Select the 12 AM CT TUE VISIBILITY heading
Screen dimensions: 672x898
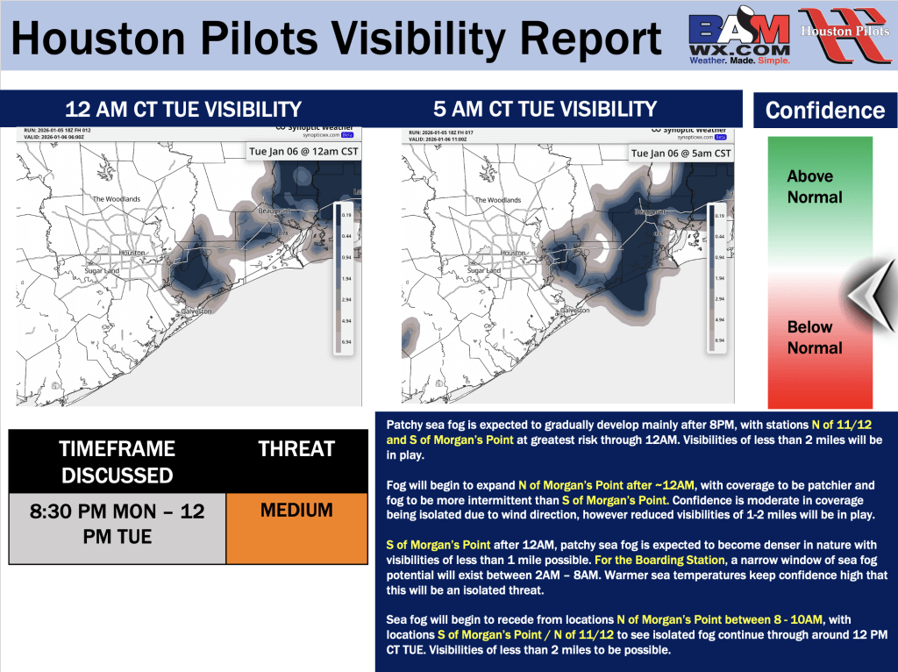click(x=183, y=110)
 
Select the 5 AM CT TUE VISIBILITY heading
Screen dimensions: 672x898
click(x=545, y=109)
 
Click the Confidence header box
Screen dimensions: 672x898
click(x=824, y=111)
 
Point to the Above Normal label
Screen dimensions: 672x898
click(x=814, y=187)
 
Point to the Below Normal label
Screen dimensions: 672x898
click(x=814, y=337)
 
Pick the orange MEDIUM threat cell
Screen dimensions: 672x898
click(x=296, y=511)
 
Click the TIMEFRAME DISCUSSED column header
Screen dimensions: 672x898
click(x=117, y=461)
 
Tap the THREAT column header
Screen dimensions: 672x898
click(x=296, y=449)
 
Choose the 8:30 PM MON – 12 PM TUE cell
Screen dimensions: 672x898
click(x=117, y=523)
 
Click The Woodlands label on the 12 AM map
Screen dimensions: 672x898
click(x=117, y=199)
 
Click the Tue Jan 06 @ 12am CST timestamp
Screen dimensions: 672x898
click(x=303, y=152)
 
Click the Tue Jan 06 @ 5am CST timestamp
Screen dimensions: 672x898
click(x=681, y=153)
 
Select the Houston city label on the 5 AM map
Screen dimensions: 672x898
click(x=513, y=253)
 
